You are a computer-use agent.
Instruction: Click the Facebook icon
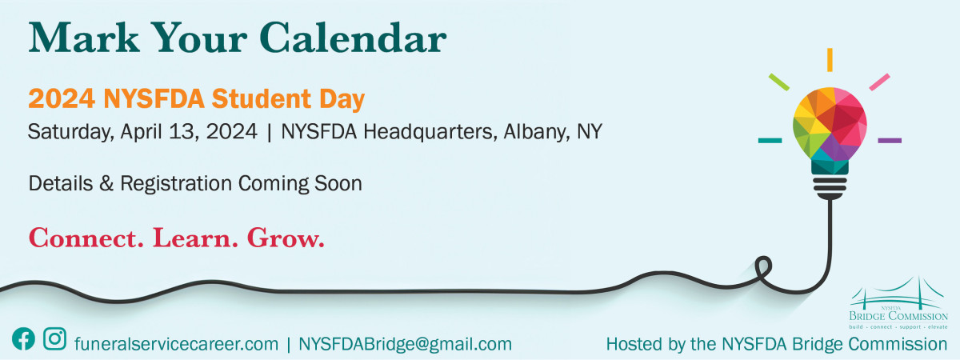23,339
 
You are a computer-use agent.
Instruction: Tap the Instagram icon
55,338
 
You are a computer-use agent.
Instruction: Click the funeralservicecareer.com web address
176,344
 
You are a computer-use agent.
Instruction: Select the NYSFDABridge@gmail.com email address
405,344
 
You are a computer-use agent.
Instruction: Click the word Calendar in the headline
353,38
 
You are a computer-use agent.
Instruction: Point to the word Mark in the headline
85,38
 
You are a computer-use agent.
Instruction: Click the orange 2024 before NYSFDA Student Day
62,99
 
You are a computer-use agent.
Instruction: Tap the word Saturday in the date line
70,132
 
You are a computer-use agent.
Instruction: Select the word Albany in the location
537,132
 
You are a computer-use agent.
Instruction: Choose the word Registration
176,184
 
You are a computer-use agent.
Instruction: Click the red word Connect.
86,238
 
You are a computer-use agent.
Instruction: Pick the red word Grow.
286,238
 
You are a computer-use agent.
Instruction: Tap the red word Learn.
195,238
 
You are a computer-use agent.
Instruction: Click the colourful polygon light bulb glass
830,124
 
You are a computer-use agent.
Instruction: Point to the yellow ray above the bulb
830,60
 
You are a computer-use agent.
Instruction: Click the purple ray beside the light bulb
890,141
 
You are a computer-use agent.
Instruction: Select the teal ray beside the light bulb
770,141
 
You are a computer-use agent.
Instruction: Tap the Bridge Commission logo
898,303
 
